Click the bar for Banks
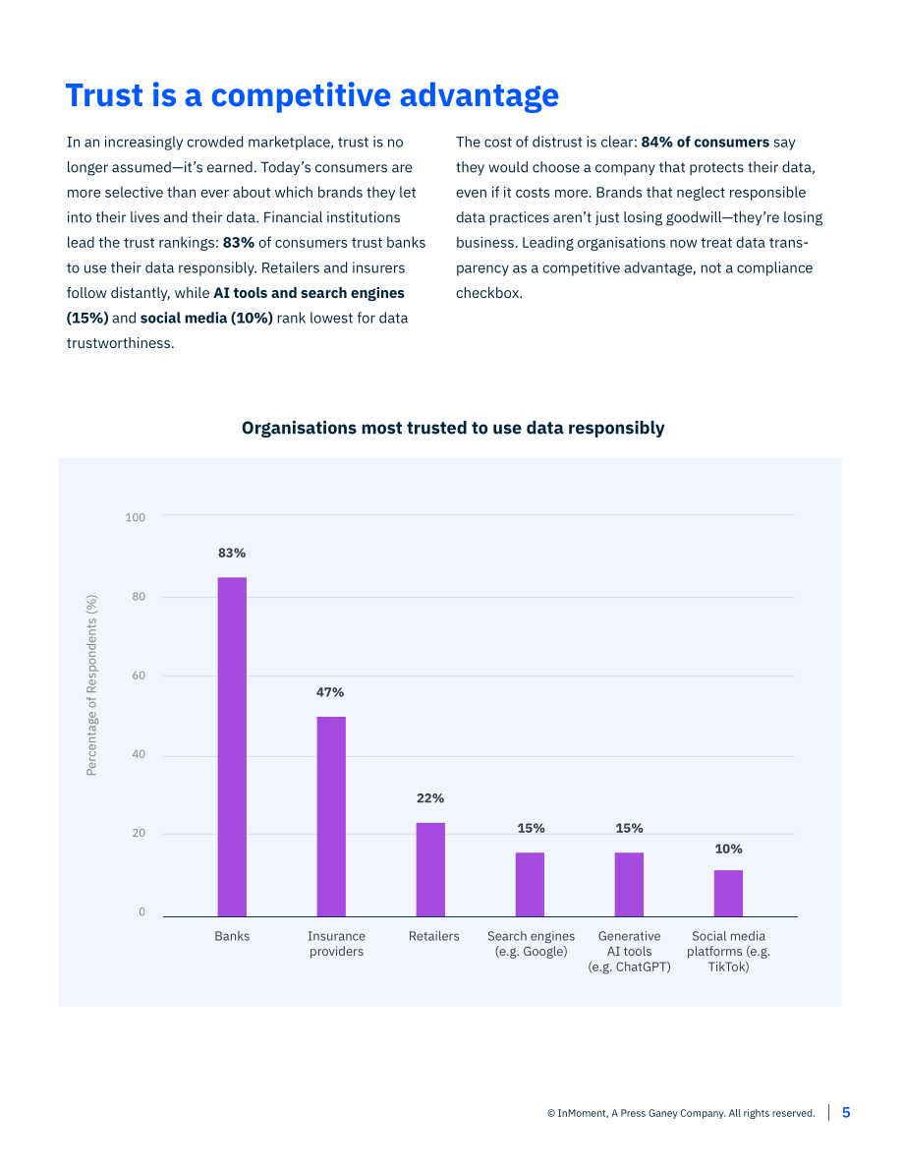click(x=232, y=747)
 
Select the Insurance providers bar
click(x=331, y=816)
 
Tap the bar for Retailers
click(x=430, y=869)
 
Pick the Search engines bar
click(x=530, y=884)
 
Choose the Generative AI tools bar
click(x=629, y=884)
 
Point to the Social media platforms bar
click(x=728, y=893)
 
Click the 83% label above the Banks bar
click(x=232, y=553)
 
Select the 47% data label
click(x=330, y=692)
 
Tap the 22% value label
click(x=430, y=798)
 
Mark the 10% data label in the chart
click(x=728, y=849)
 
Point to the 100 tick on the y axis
click(x=136, y=517)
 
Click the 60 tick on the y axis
click(x=139, y=675)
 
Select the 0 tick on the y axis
click(x=141, y=911)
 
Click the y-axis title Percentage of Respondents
click(x=91, y=685)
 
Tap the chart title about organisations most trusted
click(x=453, y=428)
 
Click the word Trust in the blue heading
click(x=104, y=95)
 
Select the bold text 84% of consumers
click(x=705, y=142)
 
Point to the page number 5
click(x=847, y=1113)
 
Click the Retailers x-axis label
click(x=433, y=936)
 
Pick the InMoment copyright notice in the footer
click(x=681, y=1114)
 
